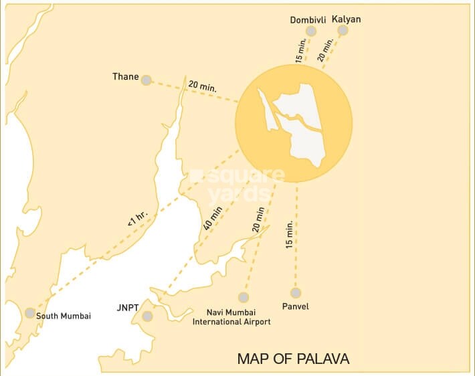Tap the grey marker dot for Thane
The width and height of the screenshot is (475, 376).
[146, 79]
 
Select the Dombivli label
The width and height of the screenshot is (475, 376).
[308, 20]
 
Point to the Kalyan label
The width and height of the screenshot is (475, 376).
[346, 19]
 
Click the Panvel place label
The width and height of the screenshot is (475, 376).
[296, 306]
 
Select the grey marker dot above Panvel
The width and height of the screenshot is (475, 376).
[296, 293]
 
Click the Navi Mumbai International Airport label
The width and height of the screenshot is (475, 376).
[231, 316]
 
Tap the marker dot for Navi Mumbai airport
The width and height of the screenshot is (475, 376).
[244, 297]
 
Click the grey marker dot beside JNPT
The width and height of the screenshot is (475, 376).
[148, 316]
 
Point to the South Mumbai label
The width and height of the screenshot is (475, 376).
[64, 316]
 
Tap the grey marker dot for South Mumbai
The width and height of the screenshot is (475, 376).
[30, 313]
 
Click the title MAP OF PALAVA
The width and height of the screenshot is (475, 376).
[293, 359]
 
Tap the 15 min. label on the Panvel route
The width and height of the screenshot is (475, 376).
[289, 236]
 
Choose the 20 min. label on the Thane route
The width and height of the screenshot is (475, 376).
[202, 86]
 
